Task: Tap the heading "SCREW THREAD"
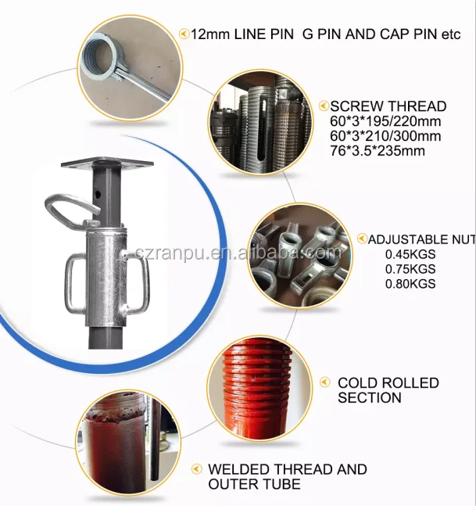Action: (388, 106)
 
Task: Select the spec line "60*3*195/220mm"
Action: (385, 122)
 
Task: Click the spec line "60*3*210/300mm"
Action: (385, 136)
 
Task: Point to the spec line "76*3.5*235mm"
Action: (378, 150)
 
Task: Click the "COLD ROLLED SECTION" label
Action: (388, 390)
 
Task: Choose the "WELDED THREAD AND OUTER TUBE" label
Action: (287, 476)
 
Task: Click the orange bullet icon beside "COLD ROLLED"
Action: (324, 382)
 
